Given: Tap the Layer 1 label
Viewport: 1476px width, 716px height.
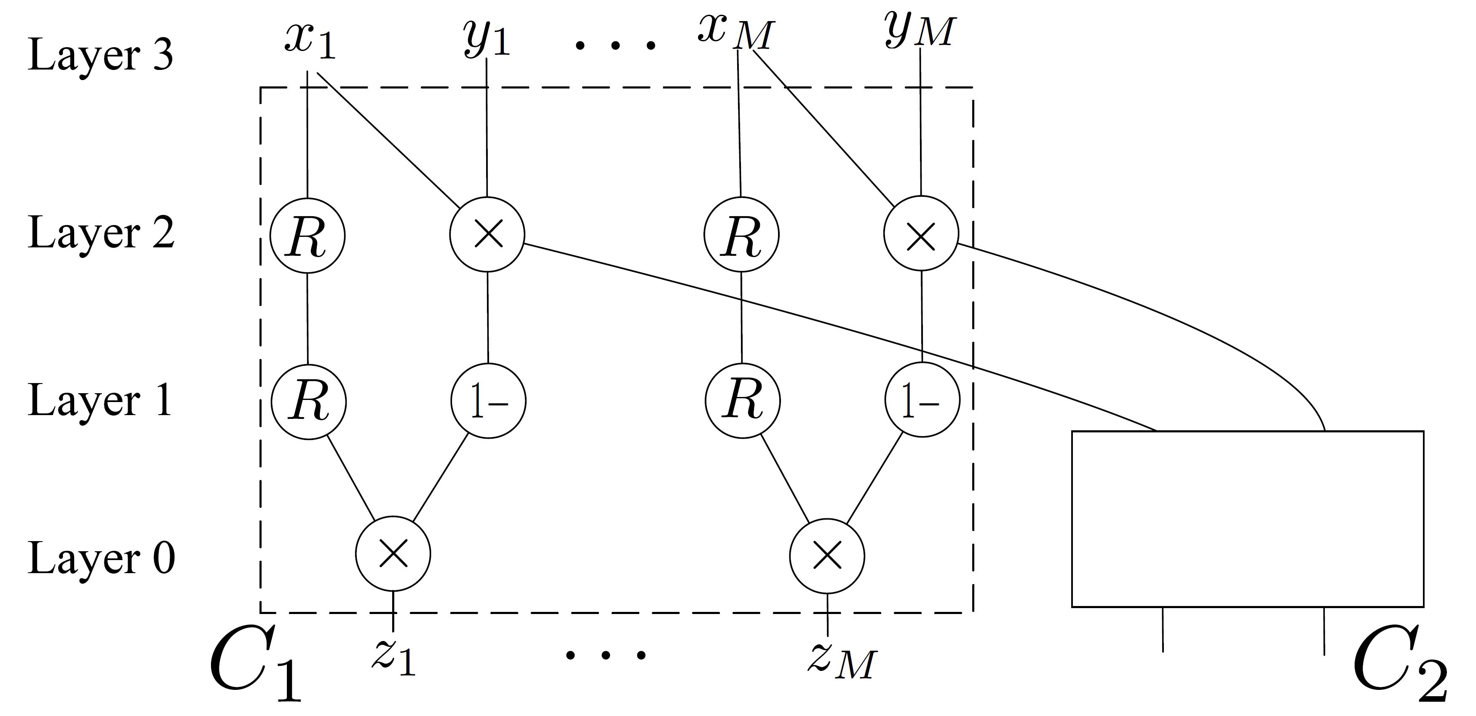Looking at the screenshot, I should click(x=100, y=400).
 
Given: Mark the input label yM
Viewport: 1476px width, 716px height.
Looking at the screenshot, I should click(x=919, y=32).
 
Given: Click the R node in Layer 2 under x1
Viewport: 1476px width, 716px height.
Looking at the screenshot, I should click(x=307, y=236).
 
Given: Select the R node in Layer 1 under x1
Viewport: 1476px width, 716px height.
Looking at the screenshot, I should click(x=309, y=401).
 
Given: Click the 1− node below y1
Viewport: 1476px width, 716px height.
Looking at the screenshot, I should click(x=488, y=401).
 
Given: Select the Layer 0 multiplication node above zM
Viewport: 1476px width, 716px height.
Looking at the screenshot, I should click(x=827, y=555).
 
